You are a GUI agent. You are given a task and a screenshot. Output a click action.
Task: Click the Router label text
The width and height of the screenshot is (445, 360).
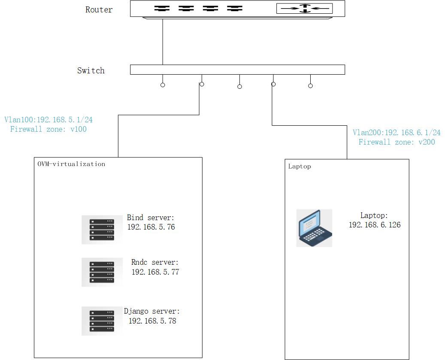(99, 10)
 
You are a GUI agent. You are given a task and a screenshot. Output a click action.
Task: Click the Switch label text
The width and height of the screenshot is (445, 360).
(91, 71)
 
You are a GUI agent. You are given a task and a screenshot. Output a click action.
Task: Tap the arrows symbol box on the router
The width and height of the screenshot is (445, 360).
(304, 8)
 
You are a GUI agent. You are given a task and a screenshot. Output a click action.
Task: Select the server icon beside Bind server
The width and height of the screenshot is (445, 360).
(102, 230)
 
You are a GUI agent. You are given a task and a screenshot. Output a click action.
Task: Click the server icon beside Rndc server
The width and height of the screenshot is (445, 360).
(102, 272)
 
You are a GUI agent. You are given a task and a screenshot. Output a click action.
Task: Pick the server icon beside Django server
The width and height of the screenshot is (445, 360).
(102, 321)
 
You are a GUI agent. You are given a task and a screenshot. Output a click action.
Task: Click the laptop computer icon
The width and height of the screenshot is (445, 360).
(314, 228)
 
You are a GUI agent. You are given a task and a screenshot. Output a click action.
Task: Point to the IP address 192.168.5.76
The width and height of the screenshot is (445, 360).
(151, 227)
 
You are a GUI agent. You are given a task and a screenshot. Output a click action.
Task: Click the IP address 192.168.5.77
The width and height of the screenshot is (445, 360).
(155, 272)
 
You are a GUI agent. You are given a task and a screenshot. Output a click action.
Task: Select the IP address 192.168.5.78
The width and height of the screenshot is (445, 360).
(152, 321)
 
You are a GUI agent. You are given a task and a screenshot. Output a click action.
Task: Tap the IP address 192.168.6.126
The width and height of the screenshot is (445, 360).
(374, 225)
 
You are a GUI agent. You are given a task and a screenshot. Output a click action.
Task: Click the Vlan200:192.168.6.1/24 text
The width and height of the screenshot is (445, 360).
(397, 133)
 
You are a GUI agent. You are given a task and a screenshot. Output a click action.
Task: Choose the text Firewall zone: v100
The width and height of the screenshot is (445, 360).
(48, 129)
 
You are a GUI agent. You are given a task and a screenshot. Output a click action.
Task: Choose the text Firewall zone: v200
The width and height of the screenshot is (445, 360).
(397, 142)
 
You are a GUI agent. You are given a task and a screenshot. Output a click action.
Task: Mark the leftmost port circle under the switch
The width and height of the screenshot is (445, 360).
(163, 85)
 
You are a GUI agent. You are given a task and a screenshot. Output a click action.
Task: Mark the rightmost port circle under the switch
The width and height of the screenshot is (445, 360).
(310, 86)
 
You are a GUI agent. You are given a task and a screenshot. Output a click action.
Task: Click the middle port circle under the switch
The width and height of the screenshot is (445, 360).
(239, 87)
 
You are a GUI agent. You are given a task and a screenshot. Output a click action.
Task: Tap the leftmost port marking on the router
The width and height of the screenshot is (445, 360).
(162, 8)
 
